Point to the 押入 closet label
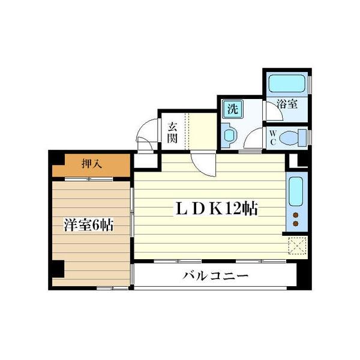click(91, 164)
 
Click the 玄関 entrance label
click(172, 133)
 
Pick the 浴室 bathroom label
click(287, 103)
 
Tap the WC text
click(271, 137)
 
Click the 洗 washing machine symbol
click(232, 110)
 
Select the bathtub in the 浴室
click(287, 83)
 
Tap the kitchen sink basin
click(295, 191)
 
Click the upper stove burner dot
click(295, 214)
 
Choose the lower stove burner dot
click(295, 224)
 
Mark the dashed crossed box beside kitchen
click(297, 246)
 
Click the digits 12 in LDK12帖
click(235, 209)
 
